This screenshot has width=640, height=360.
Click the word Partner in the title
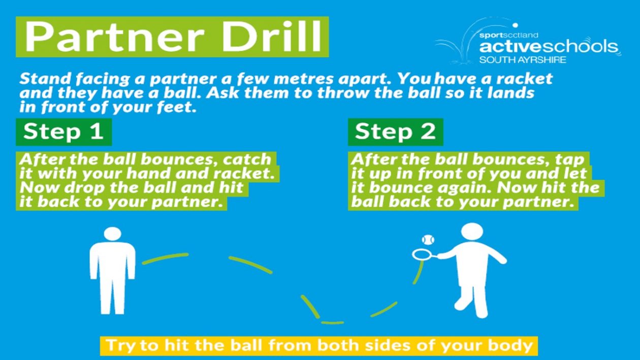click(x=115, y=36)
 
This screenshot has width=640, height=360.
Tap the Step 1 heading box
click(x=63, y=132)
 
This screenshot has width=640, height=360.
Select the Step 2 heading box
click(x=395, y=132)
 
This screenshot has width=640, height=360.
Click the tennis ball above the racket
click(x=428, y=240)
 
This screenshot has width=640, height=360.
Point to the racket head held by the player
click(x=422, y=254)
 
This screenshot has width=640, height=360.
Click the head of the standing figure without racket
click(x=113, y=234)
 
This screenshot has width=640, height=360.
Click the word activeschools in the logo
click(x=549, y=47)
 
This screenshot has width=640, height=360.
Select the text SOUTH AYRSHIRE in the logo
click(x=523, y=60)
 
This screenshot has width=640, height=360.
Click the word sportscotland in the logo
click(x=508, y=35)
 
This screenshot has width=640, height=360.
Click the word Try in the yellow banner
click(x=121, y=346)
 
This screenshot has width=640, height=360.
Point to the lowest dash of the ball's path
click(x=332, y=322)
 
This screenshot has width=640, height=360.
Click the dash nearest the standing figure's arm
click(x=165, y=258)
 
